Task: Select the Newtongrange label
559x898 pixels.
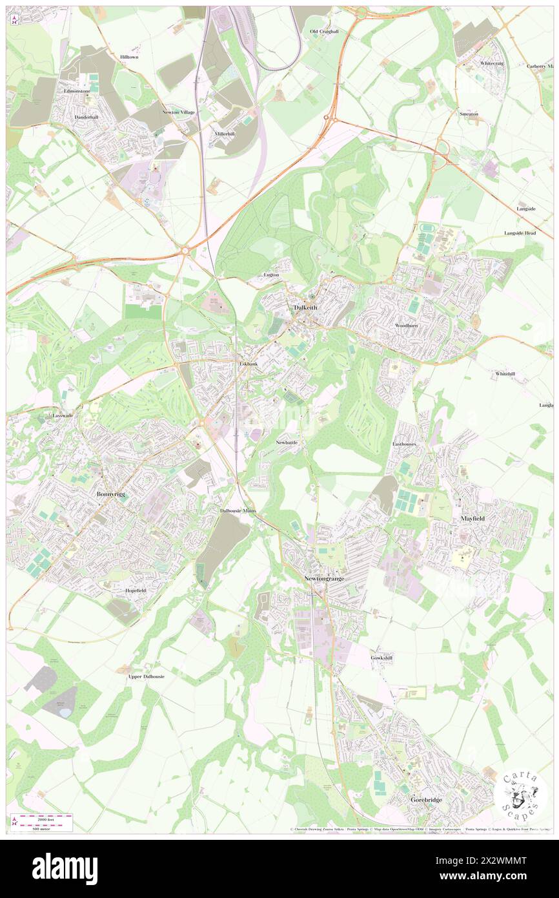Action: coord(324,579)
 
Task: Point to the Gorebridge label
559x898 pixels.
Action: coord(427,799)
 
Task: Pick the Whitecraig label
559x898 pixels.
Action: coord(492,63)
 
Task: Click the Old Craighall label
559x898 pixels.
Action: coord(324,31)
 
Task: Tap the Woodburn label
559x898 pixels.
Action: coord(407,326)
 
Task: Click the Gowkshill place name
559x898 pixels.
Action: coord(381,658)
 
